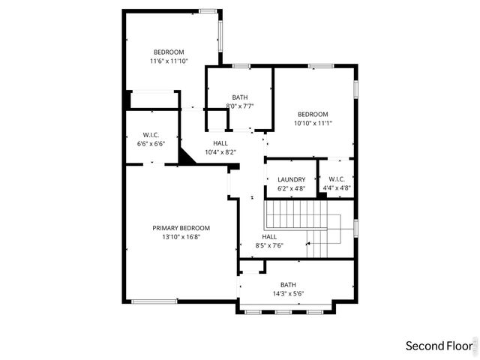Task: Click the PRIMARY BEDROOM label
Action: (181, 228)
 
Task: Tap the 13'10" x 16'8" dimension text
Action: (181, 237)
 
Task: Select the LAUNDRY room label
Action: (291, 179)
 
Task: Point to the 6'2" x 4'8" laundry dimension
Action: (291, 188)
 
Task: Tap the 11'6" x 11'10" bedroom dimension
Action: (169, 61)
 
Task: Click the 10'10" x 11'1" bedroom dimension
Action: (313, 123)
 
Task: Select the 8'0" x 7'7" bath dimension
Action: (240, 106)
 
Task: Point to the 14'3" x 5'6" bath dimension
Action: (288, 293)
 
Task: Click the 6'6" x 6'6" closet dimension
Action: (150, 144)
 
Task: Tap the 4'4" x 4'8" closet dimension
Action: (336, 188)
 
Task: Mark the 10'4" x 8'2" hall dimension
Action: (220, 152)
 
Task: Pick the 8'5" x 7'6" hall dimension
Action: (269, 245)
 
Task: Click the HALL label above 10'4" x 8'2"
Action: (220, 143)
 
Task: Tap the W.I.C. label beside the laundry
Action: (336, 179)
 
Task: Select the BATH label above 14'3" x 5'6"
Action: (288, 284)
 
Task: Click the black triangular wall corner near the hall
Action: (186, 155)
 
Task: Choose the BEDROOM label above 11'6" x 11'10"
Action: (169, 52)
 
